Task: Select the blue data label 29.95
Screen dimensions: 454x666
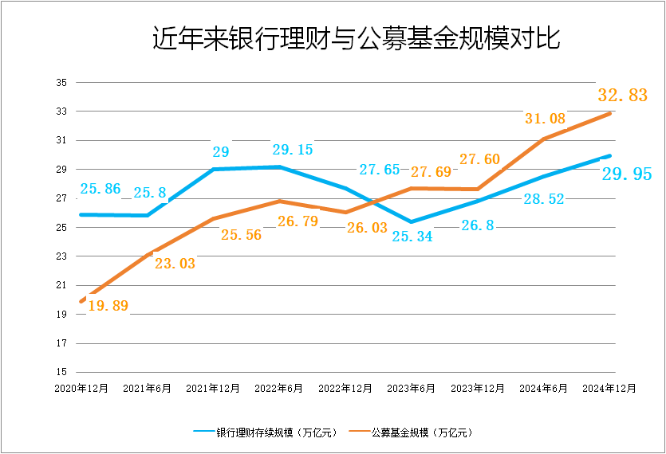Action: [x=627, y=174]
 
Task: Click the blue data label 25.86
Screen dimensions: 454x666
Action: [x=100, y=190]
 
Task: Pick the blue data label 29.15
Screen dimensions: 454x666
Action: [x=292, y=149]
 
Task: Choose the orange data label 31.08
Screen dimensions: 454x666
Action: [x=546, y=119]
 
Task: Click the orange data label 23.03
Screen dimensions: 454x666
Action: [x=175, y=263]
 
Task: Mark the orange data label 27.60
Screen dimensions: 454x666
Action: [x=479, y=159]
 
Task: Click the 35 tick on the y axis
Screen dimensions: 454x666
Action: [x=61, y=83]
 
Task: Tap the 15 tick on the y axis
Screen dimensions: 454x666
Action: [x=61, y=372]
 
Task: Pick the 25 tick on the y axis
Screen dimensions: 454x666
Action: [x=61, y=228]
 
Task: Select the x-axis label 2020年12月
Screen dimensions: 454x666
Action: [x=81, y=389]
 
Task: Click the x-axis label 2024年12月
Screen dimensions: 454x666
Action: [x=610, y=389]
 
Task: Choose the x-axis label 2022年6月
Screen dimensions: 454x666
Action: [x=279, y=389]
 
